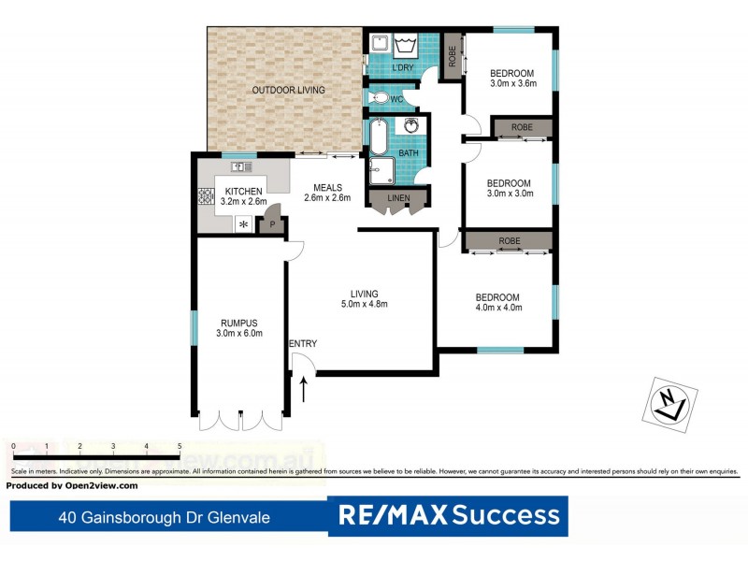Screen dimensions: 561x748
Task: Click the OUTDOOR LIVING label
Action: coord(288,90)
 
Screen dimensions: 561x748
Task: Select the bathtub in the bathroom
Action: coord(378,137)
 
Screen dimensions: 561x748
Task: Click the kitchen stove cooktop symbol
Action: coord(205,197)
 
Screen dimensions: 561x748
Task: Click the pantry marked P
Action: coord(272,223)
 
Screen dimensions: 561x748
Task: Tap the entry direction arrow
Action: coord(302,387)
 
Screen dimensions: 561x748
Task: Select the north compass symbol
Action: coord(670,402)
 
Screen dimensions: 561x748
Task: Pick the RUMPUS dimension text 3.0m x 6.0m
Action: coord(239,333)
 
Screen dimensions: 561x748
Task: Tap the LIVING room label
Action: coord(364,291)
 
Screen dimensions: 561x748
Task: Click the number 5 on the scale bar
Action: coord(179,446)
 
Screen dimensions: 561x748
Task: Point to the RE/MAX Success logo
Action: coord(449,515)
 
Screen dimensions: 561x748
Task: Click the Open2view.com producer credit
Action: coord(72,485)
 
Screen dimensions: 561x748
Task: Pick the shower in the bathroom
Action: coord(381,171)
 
